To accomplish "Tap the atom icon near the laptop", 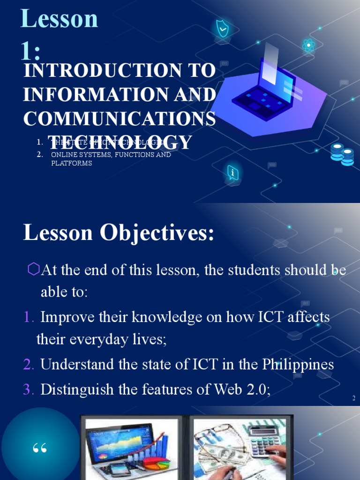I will click(308, 45).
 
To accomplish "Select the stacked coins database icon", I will click(342, 154).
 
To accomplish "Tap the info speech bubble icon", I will click(232, 173).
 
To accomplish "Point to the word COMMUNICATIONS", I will click(120, 119).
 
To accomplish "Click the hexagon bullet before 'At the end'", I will click(34, 269).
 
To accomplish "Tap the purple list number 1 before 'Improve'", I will click(29, 317).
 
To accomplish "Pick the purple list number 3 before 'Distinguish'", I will click(29, 390).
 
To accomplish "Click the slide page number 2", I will click(354, 398).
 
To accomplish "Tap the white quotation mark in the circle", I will click(40, 449).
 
